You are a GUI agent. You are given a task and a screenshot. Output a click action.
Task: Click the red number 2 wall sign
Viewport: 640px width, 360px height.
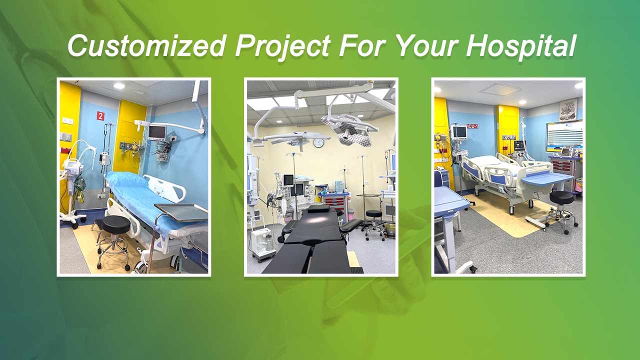(100, 116)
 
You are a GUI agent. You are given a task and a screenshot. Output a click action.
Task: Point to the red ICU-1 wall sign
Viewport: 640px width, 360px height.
(472, 126)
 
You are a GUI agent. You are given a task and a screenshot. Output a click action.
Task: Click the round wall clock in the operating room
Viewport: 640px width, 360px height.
(318, 143)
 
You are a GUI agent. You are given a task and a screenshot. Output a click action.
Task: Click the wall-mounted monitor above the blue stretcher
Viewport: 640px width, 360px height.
(156, 132)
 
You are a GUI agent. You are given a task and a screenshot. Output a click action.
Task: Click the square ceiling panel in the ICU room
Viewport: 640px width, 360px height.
(500, 90)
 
